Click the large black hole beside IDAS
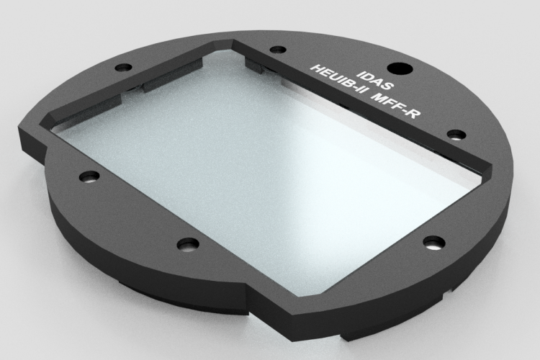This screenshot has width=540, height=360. coord(404,70)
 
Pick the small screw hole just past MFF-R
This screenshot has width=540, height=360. coord(455,135)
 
